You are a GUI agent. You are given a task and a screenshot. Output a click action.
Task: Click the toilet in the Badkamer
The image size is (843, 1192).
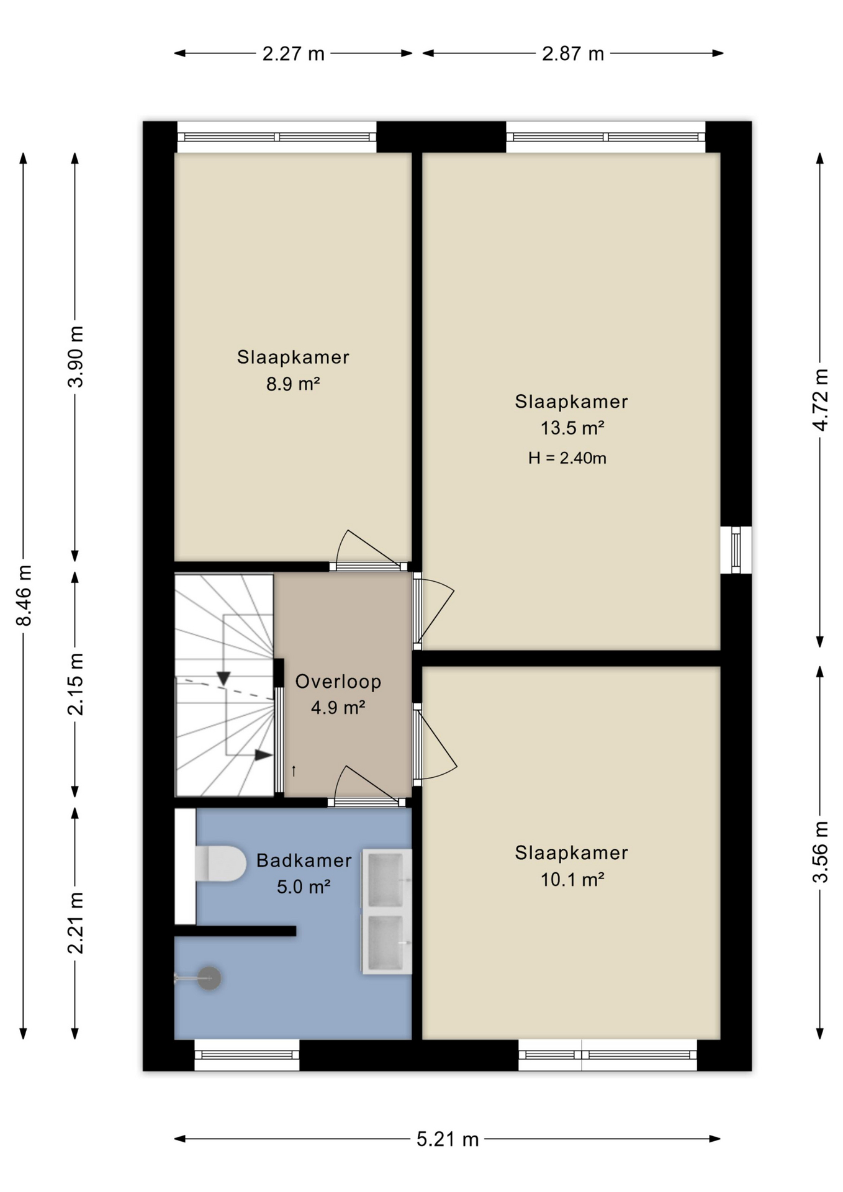220,863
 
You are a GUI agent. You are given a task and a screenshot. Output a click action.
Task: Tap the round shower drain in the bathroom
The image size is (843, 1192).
209,978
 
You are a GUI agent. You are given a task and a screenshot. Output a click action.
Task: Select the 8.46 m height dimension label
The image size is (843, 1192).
24,595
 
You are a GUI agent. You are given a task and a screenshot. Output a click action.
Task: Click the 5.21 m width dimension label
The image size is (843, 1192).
448,1140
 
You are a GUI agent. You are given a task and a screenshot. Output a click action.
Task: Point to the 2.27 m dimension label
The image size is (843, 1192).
293,54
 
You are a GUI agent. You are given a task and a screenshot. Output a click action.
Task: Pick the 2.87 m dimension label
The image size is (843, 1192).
573,54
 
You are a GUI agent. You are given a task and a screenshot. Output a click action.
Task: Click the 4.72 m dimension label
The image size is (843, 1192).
820,400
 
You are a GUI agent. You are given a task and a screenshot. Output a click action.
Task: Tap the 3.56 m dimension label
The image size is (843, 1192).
820,852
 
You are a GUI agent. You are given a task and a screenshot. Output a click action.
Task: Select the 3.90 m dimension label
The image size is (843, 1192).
75,356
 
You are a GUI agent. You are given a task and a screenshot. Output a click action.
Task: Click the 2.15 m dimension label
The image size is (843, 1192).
75,684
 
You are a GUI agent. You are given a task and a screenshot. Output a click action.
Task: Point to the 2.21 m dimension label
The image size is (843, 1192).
75,923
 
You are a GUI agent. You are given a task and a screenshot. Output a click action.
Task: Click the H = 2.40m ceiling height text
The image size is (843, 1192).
567,458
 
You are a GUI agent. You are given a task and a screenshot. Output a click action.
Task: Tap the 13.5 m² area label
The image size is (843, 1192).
572,428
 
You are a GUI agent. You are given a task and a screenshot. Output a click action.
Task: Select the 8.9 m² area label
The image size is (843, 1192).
293,384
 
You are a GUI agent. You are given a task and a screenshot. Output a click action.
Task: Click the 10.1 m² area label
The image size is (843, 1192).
572,879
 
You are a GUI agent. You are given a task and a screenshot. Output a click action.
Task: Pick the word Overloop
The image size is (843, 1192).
338,682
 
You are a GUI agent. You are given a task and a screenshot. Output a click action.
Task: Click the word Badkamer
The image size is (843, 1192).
304,860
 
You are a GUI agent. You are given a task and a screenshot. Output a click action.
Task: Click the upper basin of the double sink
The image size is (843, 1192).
386,880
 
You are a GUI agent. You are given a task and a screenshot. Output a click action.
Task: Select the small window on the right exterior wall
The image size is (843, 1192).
736,550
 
